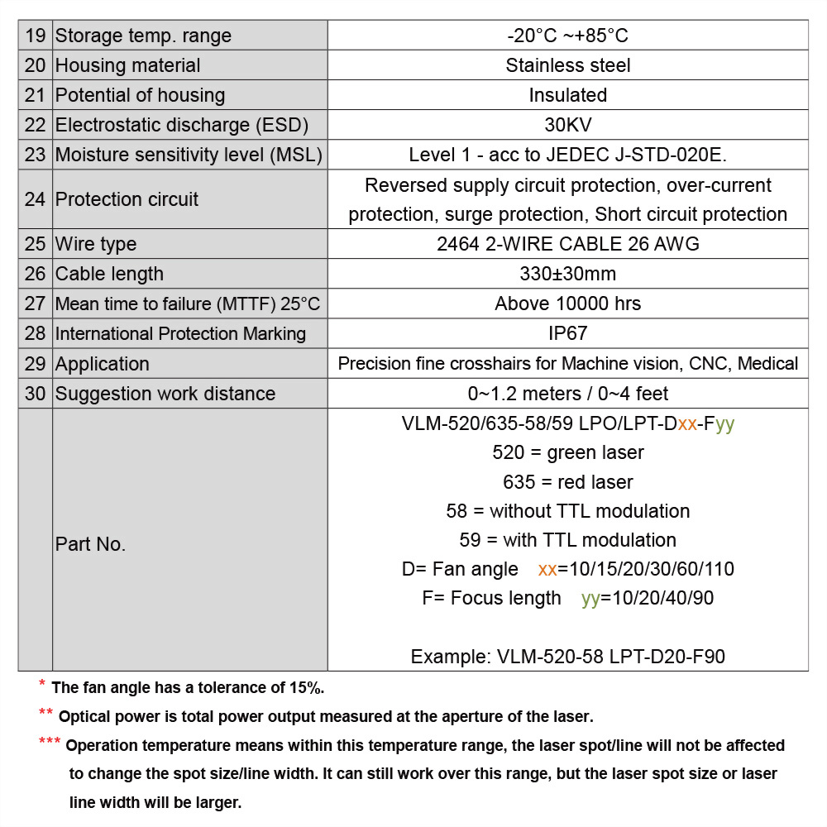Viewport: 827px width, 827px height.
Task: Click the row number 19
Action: click(35, 36)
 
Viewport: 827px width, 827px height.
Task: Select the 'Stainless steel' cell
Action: click(567, 65)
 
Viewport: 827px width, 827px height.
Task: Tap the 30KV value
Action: click(567, 125)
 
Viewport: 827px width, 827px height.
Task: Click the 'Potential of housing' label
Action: click(140, 95)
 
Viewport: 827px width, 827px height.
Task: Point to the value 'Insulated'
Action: click(567, 95)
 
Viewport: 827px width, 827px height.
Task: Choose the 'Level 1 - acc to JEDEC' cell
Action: click(567, 155)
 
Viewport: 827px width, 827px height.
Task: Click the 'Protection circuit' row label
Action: click(127, 199)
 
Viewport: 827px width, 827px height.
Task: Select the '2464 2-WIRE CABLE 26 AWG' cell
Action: click(567, 244)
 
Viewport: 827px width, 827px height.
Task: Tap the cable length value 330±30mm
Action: click(567, 274)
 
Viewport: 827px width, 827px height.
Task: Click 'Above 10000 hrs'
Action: click(567, 304)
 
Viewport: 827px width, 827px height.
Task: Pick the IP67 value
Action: click(567, 333)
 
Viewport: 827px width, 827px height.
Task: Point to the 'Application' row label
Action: click(102, 364)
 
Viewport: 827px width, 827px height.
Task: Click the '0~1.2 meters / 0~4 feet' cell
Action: click(567, 394)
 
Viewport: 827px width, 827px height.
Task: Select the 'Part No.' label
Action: click(90, 544)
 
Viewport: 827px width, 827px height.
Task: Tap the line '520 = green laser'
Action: click(567, 452)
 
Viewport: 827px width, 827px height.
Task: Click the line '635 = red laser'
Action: click(567, 481)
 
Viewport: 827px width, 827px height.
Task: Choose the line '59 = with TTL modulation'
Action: click(567, 540)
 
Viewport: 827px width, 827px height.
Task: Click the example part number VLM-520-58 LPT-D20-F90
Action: click(567, 657)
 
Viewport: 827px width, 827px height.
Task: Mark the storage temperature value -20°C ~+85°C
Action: click(567, 36)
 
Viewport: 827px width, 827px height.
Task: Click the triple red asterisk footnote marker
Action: click(50, 742)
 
